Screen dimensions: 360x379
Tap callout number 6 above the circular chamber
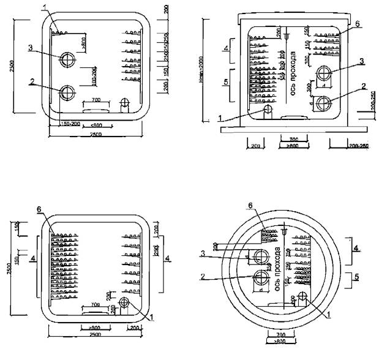click(250, 204)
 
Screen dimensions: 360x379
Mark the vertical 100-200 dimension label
click(95, 79)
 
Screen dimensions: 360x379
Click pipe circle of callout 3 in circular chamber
click(261, 256)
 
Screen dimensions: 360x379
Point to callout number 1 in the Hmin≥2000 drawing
click(219, 120)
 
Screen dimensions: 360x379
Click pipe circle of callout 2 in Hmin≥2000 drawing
click(323, 101)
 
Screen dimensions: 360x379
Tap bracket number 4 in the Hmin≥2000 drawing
click(226, 49)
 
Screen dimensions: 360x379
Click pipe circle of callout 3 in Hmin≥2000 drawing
click(323, 74)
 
